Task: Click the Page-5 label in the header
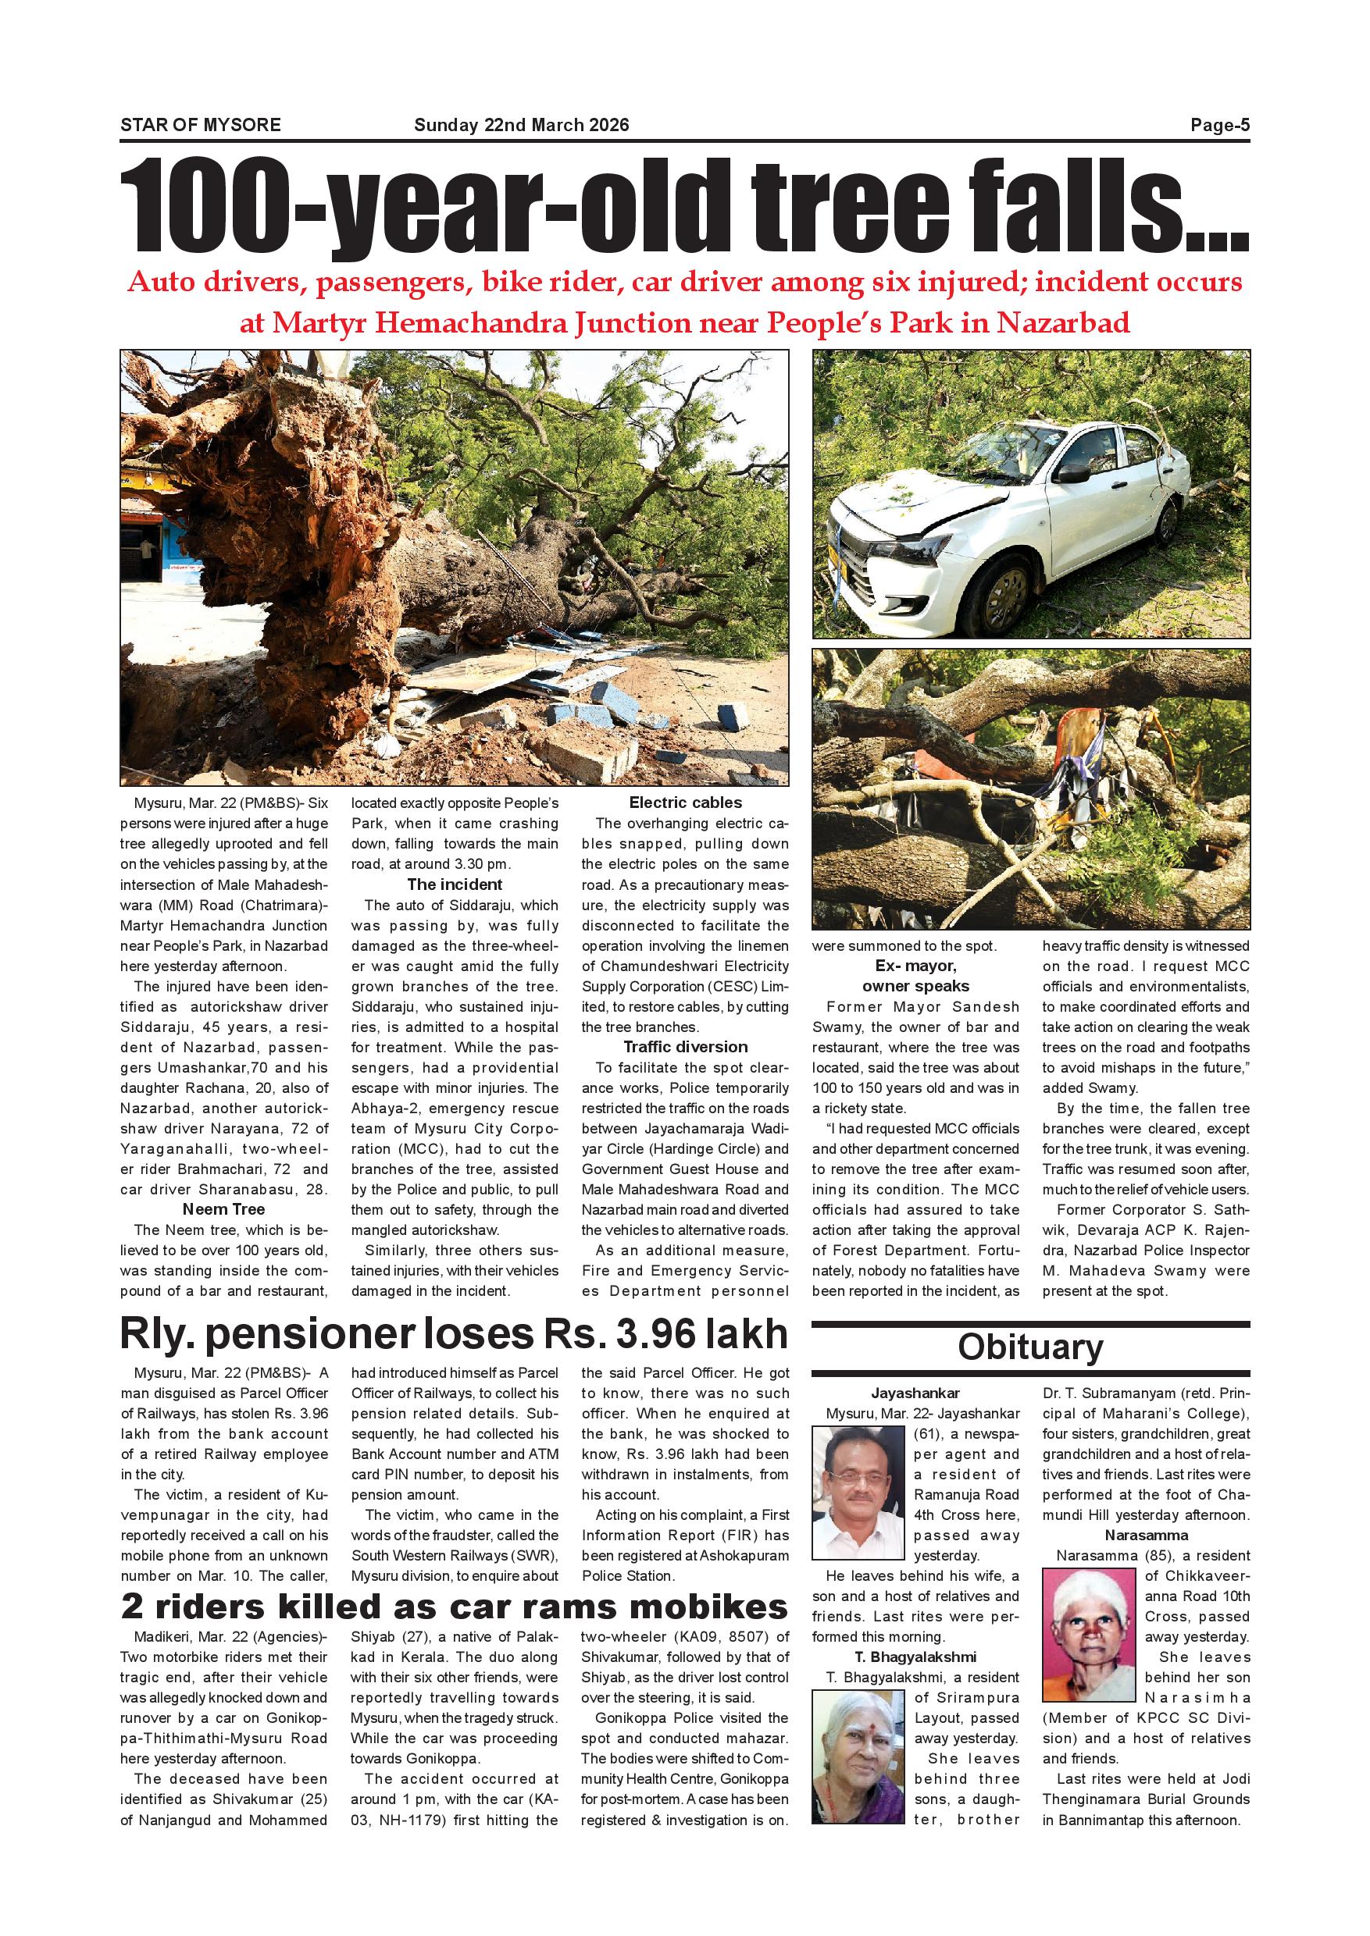pos(1219,126)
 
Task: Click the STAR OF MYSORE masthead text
pos(201,126)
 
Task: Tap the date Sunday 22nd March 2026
pos(521,126)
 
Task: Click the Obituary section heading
pos(1030,1347)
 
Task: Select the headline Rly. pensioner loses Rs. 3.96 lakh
pos(454,1334)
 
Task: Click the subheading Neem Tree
pos(223,1209)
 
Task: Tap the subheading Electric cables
pos(685,803)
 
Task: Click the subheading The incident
pos(455,884)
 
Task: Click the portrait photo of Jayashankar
pos(858,1493)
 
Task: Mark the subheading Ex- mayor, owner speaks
pos(915,976)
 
